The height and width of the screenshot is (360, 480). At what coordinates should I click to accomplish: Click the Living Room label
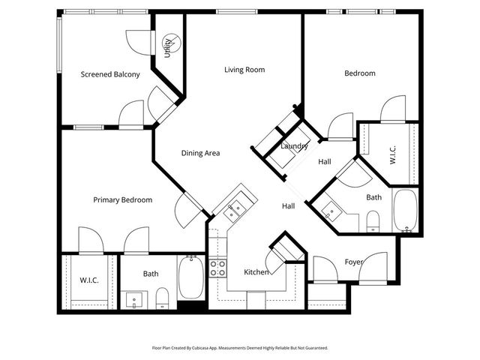[244, 70]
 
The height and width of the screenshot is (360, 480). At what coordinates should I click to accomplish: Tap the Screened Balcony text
[110, 74]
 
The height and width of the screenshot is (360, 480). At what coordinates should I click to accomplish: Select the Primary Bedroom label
[122, 199]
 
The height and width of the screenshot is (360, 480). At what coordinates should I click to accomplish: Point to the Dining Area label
[200, 153]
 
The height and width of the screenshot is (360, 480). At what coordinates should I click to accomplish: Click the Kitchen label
[256, 271]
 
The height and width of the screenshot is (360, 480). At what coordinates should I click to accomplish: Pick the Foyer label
[353, 262]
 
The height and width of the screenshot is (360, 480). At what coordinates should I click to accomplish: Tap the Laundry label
[294, 146]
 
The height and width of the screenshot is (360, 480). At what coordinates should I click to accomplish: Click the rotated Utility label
[168, 48]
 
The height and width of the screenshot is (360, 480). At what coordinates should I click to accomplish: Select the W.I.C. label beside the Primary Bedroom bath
[89, 280]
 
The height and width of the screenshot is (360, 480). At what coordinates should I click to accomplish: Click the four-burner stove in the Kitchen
[217, 268]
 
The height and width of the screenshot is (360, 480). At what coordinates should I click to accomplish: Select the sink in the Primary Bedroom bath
[135, 301]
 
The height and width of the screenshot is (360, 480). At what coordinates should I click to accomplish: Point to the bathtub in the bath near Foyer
[406, 211]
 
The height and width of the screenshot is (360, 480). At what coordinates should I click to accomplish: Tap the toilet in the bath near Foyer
[372, 220]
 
